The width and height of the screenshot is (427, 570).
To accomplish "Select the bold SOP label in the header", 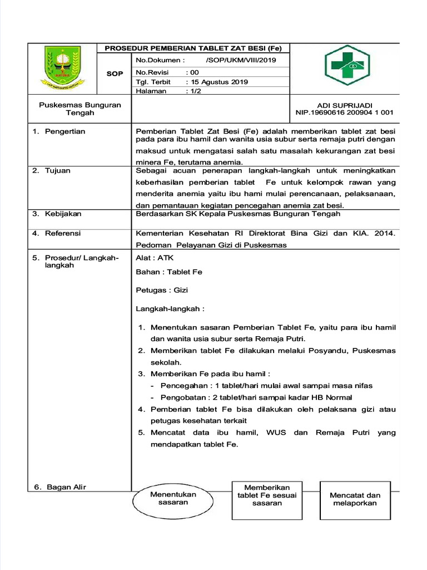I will [x=115, y=74].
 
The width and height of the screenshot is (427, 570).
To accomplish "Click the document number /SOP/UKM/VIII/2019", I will [x=240, y=61].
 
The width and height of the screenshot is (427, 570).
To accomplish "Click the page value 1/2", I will [x=192, y=91].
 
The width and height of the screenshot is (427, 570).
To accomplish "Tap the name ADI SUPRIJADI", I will [x=344, y=105].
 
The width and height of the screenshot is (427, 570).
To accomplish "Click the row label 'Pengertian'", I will [x=65, y=131].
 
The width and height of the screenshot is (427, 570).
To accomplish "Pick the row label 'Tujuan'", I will [x=57, y=170].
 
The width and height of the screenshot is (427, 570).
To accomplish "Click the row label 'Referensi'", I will [x=63, y=233].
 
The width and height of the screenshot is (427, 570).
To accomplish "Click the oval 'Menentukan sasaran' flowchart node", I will [x=173, y=498].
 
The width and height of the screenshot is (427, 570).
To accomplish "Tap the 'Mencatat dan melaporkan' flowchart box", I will [x=355, y=499].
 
